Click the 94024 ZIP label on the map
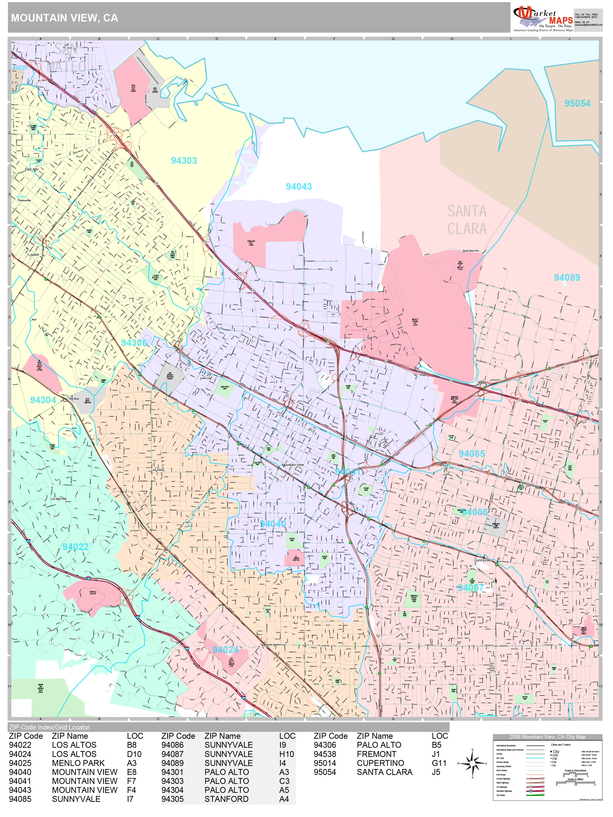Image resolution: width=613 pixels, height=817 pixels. click(x=225, y=650)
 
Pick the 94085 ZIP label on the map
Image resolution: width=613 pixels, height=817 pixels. click(x=472, y=454)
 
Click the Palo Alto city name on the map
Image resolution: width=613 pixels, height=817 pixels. click(x=31, y=169)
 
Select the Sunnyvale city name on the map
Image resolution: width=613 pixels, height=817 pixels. click(x=482, y=560)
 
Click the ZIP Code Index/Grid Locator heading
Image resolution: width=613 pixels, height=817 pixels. click(x=49, y=727)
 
